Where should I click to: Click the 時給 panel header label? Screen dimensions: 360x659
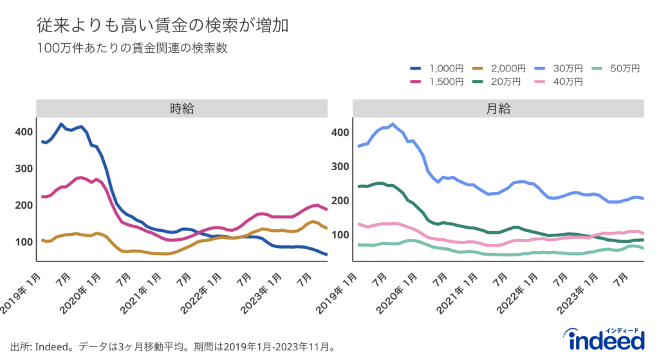(x=182, y=109)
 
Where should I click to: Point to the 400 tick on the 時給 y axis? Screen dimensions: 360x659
(x=24, y=132)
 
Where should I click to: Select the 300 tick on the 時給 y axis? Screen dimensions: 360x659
(x=24, y=169)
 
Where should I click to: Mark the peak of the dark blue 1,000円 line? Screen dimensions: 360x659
(x=61, y=124)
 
